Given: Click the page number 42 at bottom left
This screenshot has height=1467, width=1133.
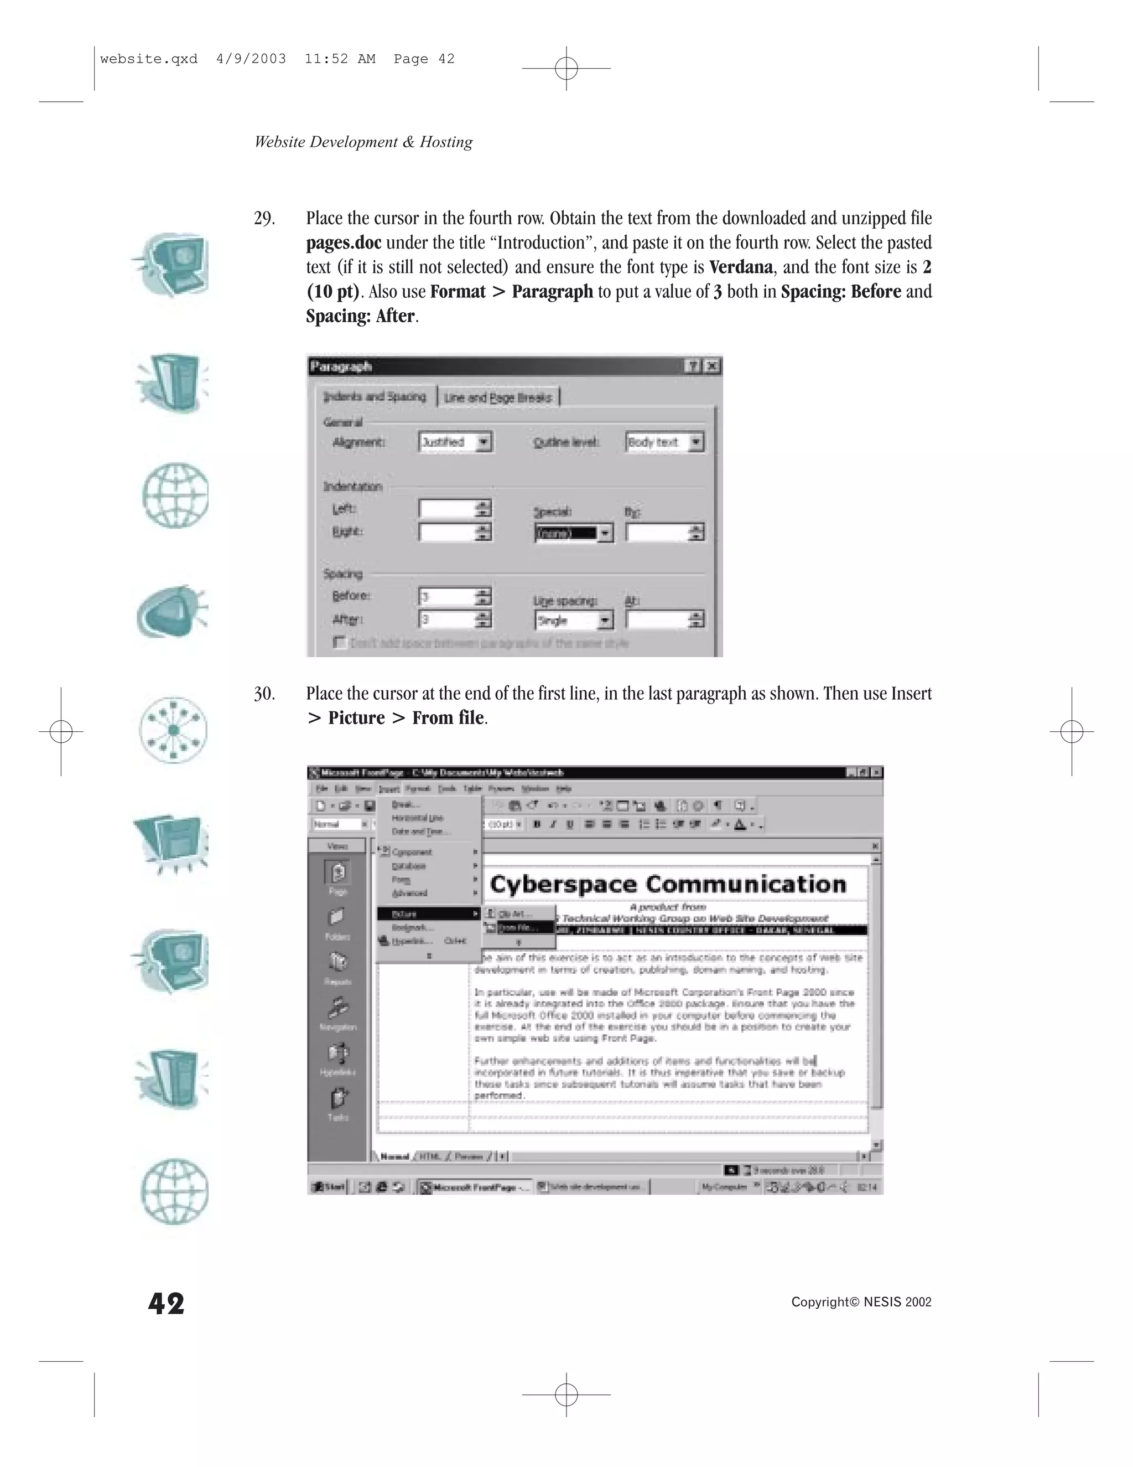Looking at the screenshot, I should [166, 1304].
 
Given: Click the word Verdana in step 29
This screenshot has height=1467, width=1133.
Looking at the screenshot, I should [740, 267].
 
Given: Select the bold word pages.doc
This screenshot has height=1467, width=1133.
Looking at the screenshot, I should [343, 243].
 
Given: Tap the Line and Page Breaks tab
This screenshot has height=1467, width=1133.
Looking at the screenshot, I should [498, 397].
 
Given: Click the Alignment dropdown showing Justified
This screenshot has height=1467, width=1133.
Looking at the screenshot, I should [455, 442].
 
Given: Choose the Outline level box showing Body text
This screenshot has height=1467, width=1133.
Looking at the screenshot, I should [663, 442].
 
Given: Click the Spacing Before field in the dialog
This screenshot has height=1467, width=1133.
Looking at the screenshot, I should [448, 596].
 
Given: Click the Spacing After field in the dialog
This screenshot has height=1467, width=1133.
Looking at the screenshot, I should [448, 619].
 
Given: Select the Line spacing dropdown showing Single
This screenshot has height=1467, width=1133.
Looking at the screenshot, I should [573, 621].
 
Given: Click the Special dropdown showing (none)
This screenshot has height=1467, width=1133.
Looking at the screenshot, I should [573, 533].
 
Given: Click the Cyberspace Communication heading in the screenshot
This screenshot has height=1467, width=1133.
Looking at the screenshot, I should [667, 884].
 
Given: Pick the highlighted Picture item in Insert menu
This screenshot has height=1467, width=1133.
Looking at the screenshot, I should [428, 914].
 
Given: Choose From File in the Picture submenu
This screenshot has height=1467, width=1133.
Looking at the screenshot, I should [519, 928].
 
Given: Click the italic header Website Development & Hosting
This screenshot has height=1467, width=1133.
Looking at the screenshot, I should [363, 142].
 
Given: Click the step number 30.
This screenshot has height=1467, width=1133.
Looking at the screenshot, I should [264, 694].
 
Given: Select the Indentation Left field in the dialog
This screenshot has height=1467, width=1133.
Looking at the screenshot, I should [448, 509].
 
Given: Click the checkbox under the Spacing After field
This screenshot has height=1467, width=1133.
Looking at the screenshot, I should [340, 643].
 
